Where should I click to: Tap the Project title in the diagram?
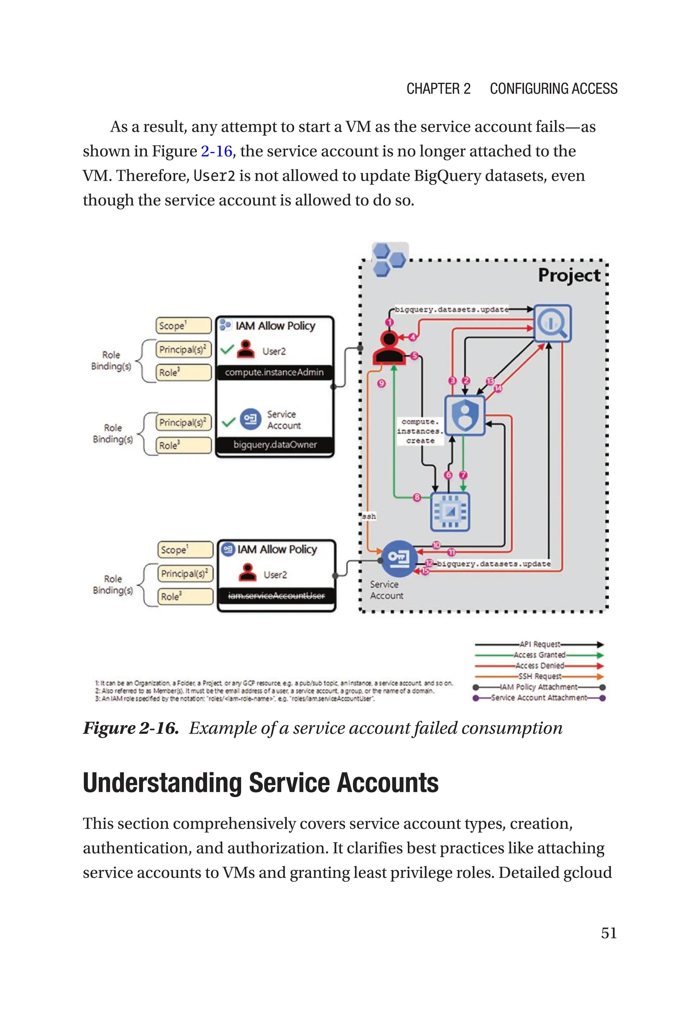coord(569,275)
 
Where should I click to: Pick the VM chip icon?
coord(450,511)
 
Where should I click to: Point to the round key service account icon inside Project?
coord(398,558)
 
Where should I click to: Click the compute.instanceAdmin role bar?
coord(274,372)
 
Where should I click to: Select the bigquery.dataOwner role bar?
coord(275,445)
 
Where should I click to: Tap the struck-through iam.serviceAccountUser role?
coord(276,596)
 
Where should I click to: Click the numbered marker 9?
coord(381,383)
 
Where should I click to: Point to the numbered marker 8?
coord(417,498)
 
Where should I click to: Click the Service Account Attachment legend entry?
coord(539,698)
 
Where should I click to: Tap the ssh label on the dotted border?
coord(369,517)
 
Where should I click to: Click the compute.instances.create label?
coord(420,431)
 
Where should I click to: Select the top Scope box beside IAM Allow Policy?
coord(183,326)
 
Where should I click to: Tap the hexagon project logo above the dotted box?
coord(389,259)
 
